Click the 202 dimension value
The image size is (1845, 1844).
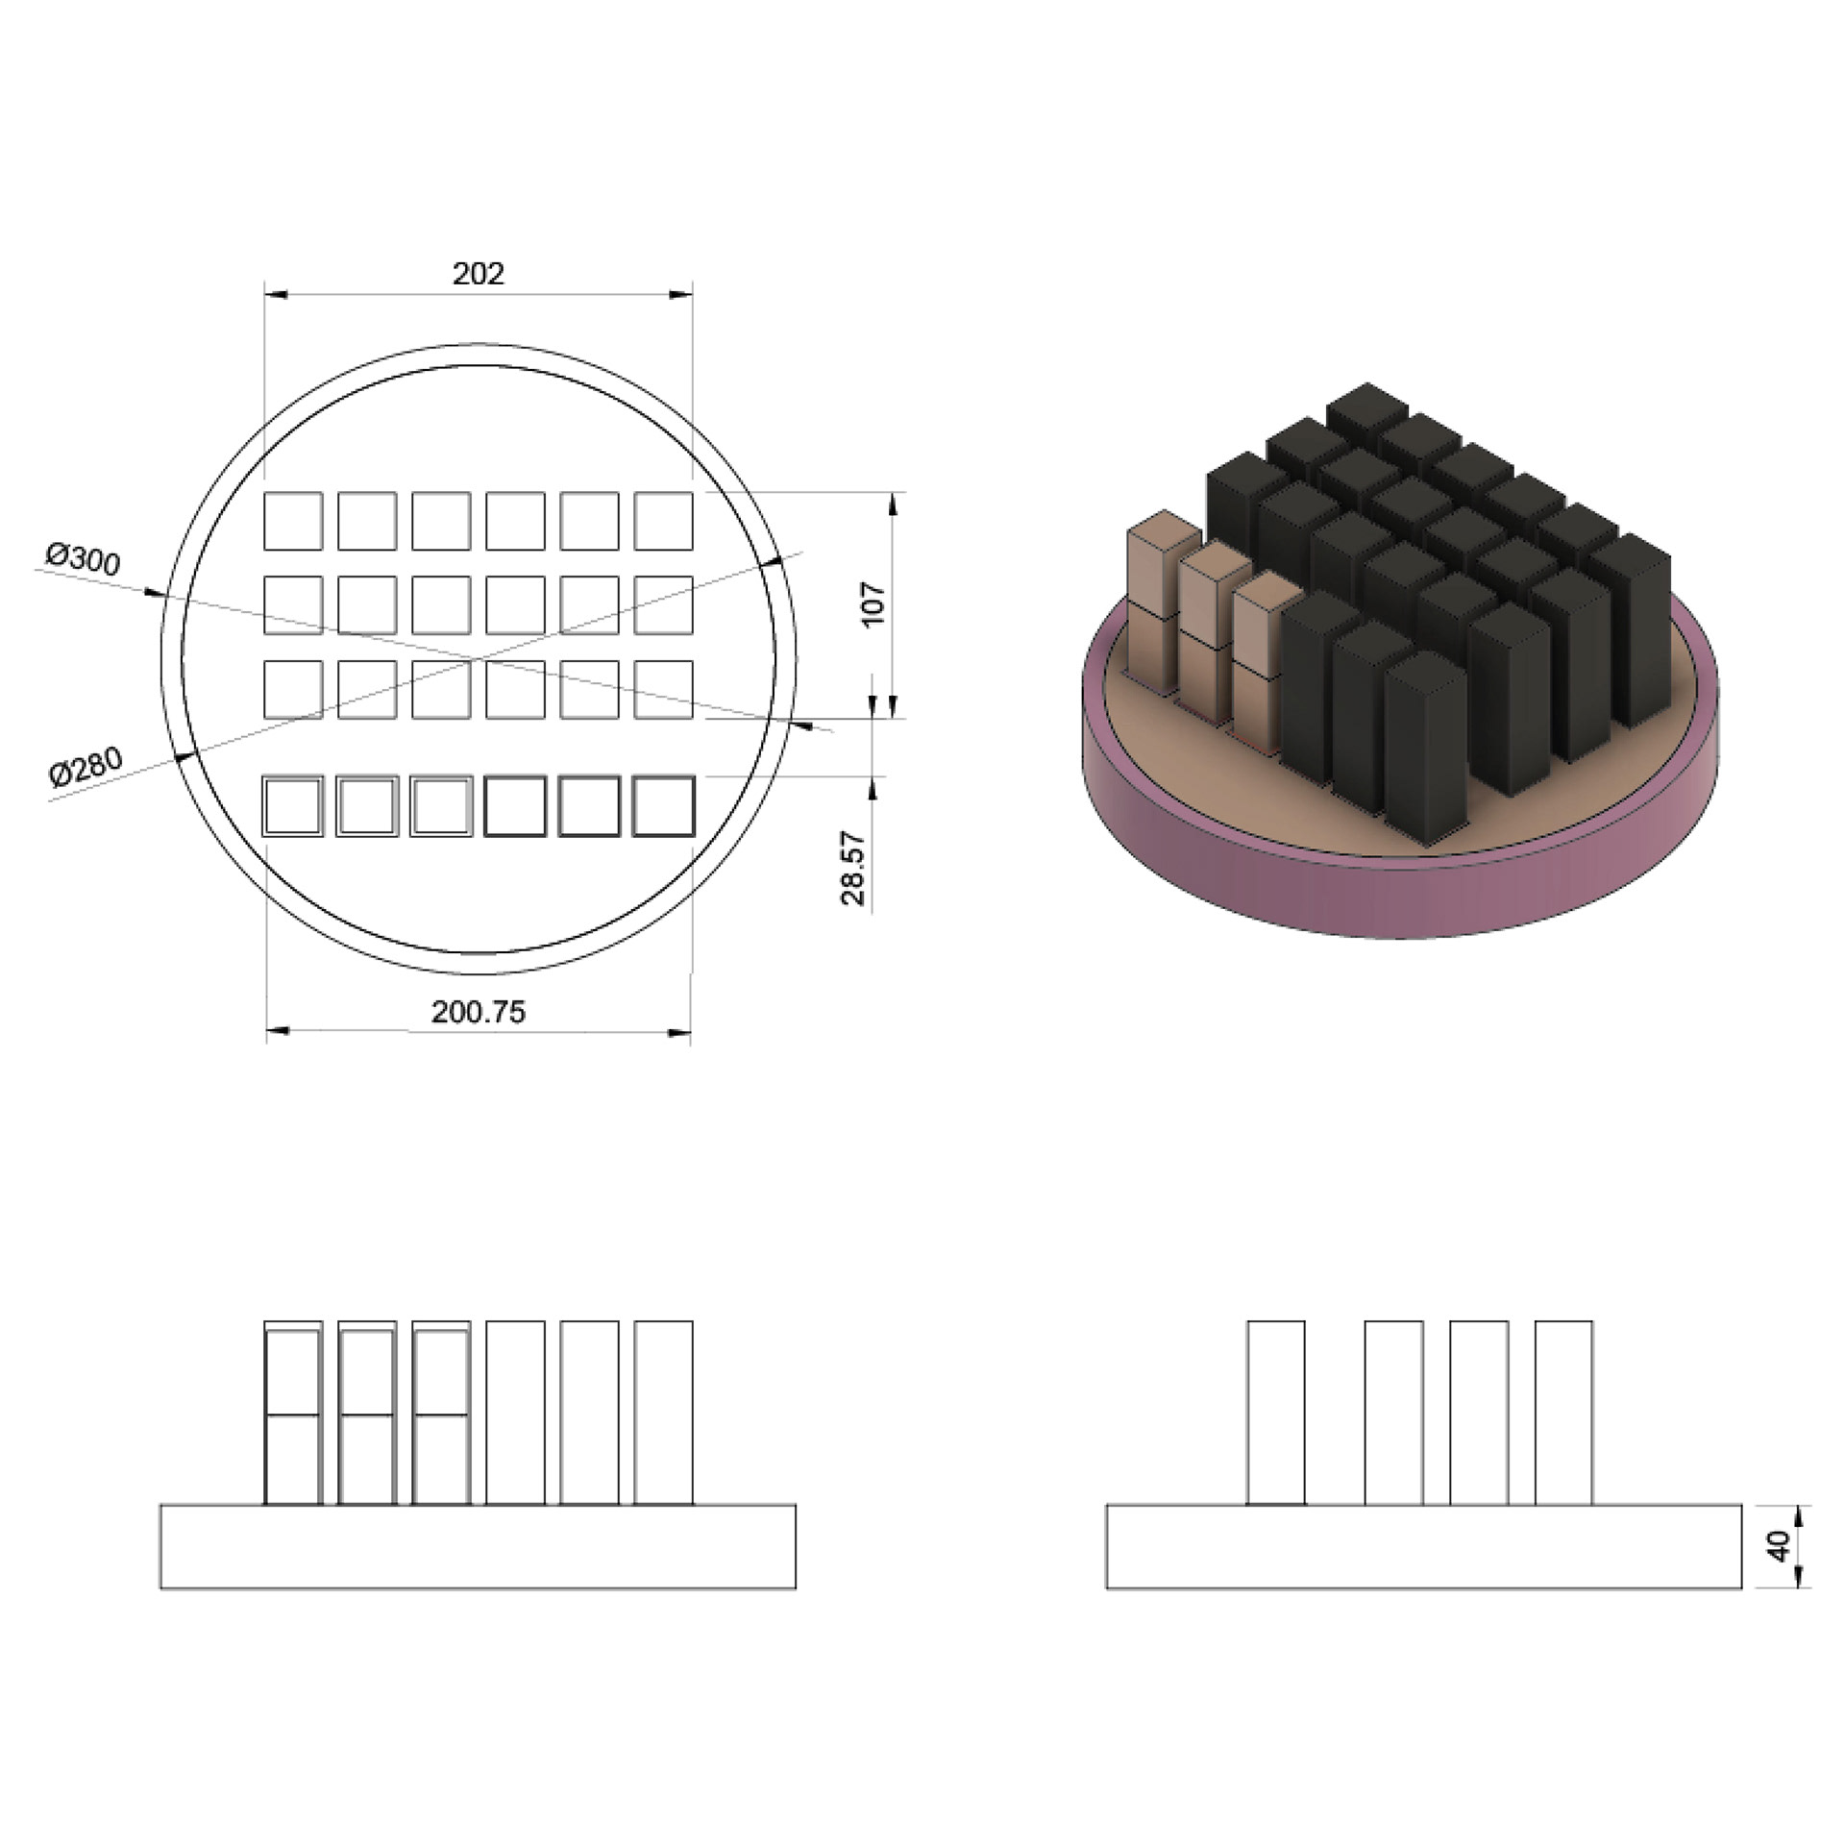[x=478, y=275]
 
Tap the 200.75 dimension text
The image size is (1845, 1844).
[x=478, y=1012]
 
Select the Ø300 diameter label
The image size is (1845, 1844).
[x=84, y=558]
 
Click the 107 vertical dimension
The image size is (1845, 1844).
[x=873, y=604]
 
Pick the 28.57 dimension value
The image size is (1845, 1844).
[x=853, y=868]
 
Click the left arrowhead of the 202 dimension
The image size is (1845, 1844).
[x=276, y=295]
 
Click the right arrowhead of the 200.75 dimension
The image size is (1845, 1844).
[x=679, y=1033]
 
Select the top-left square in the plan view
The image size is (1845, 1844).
[x=293, y=521]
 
